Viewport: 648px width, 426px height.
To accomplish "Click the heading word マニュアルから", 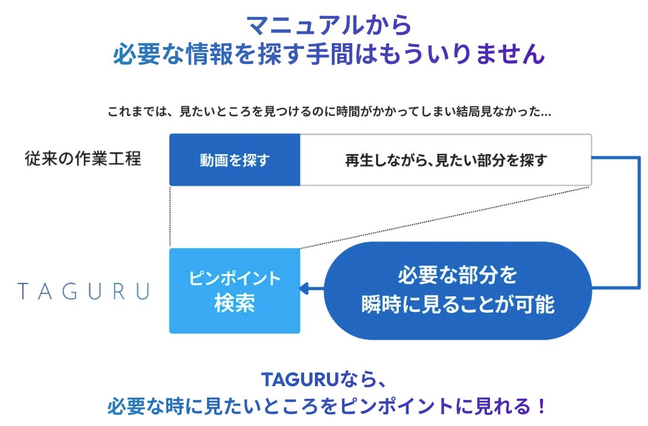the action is (329, 25).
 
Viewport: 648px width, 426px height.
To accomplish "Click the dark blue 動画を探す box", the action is (235, 161).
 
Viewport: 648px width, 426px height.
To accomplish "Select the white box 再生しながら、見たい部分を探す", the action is (446, 161).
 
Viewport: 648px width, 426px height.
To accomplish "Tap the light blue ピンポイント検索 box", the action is (235, 291).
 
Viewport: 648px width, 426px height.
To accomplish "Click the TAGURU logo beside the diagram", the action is (84, 291).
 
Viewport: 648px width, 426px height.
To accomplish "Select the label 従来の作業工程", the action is (83, 159).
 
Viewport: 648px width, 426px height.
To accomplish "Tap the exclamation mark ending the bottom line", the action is (541, 406).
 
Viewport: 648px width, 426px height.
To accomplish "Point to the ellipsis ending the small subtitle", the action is (547, 113).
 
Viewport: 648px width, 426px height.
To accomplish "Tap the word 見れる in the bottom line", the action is (492, 406).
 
